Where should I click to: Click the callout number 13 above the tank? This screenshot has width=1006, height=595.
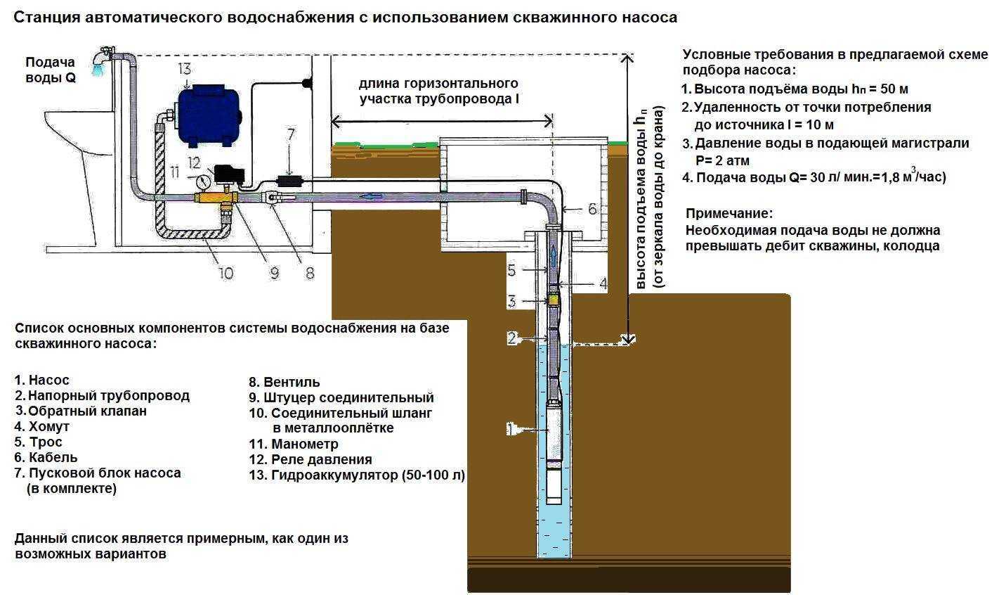(x=184, y=68)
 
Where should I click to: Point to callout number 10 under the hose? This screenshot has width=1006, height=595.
(x=226, y=272)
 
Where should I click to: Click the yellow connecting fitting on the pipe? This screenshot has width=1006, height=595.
(x=214, y=199)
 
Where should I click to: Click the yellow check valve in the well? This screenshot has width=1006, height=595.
(x=554, y=300)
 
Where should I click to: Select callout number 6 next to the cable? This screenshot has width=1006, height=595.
(x=592, y=209)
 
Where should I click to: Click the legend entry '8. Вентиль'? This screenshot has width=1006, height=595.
(x=285, y=383)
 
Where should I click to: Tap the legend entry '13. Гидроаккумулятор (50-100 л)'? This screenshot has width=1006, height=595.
(x=357, y=475)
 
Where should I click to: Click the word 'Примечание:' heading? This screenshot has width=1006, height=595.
(x=729, y=213)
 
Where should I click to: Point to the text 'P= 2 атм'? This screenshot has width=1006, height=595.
(x=721, y=160)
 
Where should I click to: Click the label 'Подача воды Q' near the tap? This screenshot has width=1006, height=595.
(x=51, y=70)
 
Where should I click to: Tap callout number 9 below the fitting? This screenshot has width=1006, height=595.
(x=275, y=272)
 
